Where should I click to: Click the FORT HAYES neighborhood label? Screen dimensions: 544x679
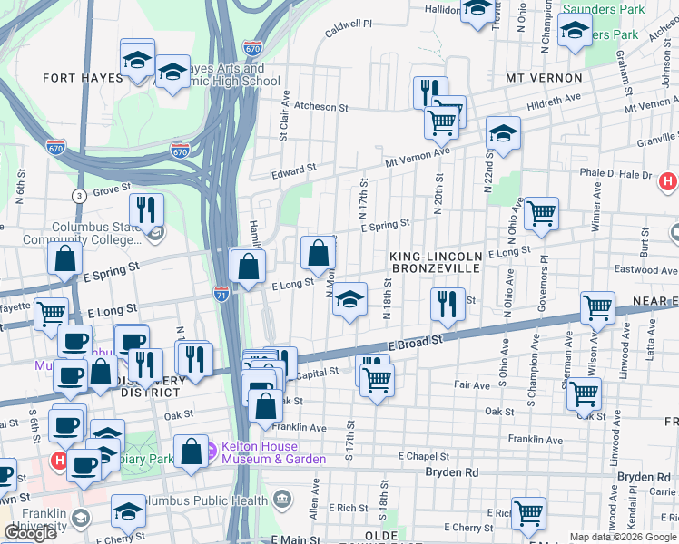pyautogui.click(x=83, y=78)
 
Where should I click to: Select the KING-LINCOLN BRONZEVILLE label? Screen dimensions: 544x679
pyautogui.click(x=436, y=264)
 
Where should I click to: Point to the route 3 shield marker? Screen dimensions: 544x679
pyautogui.click(x=80, y=195)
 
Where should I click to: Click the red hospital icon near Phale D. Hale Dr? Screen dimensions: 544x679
pyautogui.click(x=668, y=181)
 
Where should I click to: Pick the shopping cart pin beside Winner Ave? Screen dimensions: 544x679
pyautogui.click(x=541, y=214)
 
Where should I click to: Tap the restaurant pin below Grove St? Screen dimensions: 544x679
pyautogui.click(x=146, y=210)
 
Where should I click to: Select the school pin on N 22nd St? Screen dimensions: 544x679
pyautogui.click(x=503, y=132)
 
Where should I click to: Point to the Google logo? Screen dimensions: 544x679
pyautogui.click(x=31, y=533)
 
